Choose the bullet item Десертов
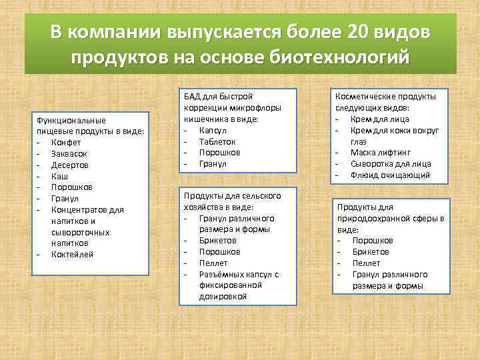pos(70,165)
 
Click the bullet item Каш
pos(59,176)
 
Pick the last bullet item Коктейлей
pos(73,255)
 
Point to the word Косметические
pos(365,96)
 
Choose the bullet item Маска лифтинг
pos(383,153)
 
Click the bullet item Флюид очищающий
pos(390,175)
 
